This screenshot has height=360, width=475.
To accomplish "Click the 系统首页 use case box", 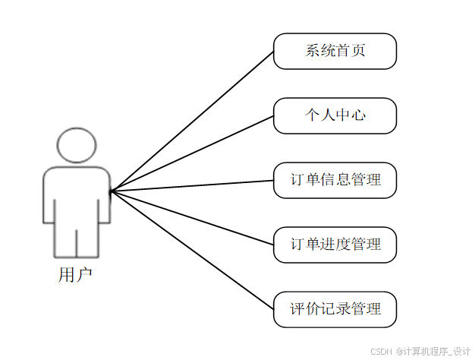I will click(x=335, y=51).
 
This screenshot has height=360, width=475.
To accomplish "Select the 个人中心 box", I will click(x=335, y=115).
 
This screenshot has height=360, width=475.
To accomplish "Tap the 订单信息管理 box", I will click(x=335, y=180).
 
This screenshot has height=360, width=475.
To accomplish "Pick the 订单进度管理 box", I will click(x=335, y=245).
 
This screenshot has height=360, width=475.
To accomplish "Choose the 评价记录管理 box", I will click(x=335, y=309).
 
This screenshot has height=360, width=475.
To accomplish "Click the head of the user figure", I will click(x=77, y=145).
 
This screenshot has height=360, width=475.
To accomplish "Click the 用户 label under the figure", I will click(x=75, y=275).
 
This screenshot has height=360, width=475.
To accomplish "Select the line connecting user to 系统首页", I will click(x=191, y=122).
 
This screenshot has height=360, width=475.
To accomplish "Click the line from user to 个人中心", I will click(x=191, y=153).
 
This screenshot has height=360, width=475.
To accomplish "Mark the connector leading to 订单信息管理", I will click(x=191, y=185).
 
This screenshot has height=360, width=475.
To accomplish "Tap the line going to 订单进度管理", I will click(x=191, y=217).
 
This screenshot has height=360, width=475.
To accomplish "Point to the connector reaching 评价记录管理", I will click(x=191, y=249).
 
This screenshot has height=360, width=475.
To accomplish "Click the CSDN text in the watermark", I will click(x=380, y=351).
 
